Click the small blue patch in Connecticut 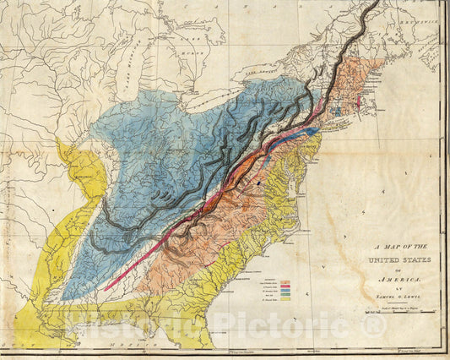click(338, 107)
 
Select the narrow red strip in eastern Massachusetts click(358, 102)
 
